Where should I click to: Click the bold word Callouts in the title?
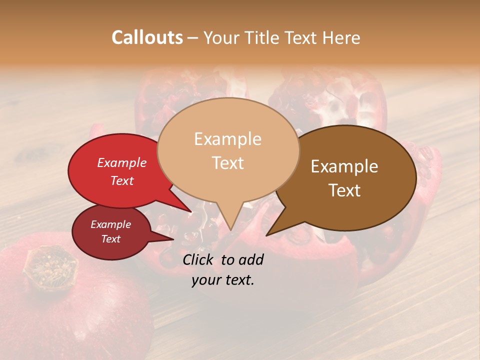147,37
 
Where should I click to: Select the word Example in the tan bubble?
227,139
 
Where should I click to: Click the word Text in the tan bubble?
227,163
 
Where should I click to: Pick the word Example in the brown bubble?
344,166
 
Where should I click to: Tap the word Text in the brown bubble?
344,190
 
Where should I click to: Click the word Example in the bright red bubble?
121,163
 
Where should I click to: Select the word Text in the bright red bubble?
121,180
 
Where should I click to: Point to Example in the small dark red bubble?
110,224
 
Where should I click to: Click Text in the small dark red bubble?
110,239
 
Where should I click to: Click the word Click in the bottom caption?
198,259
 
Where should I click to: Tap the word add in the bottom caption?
250,259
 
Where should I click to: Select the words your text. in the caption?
222,280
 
